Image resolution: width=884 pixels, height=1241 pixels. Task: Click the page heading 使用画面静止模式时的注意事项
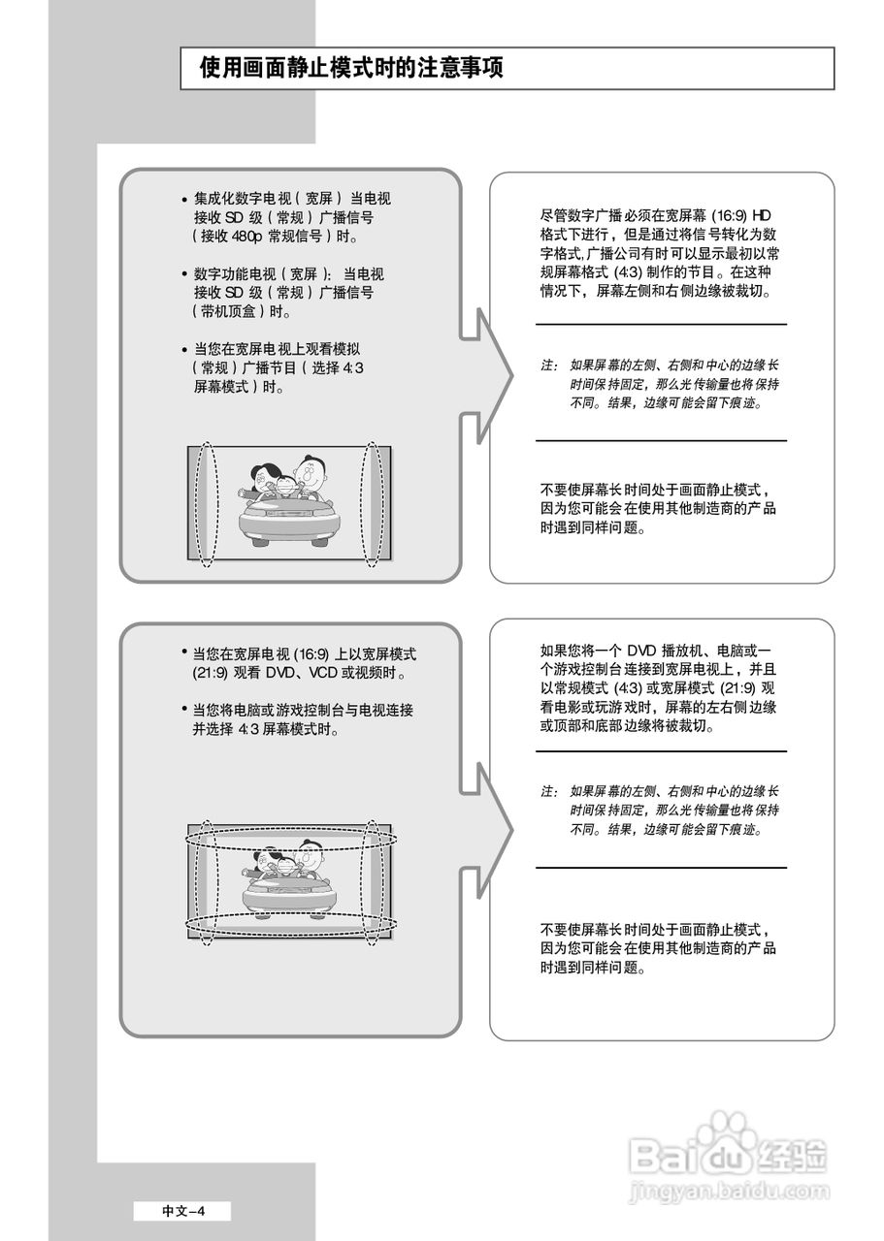pyautogui.click(x=351, y=69)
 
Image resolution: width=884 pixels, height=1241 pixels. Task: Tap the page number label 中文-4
pyautogui.click(x=183, y=1210)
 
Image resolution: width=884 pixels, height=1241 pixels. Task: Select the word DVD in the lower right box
pyautogui.click(x=642, y=651)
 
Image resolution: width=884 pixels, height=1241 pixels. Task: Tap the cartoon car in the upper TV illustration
pyautogui.click(x=289, y=520)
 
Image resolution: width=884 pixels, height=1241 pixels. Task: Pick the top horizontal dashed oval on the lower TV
pyautogui.click(x=291, y=835)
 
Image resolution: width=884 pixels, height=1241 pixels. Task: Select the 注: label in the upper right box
pyautogui.click(x=549, y=366)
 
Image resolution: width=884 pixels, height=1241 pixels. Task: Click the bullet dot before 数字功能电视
pyautogui.click(x=184, y=275)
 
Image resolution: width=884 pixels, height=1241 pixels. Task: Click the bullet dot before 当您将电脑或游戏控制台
pyautogui.click(x=184, y=710)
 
